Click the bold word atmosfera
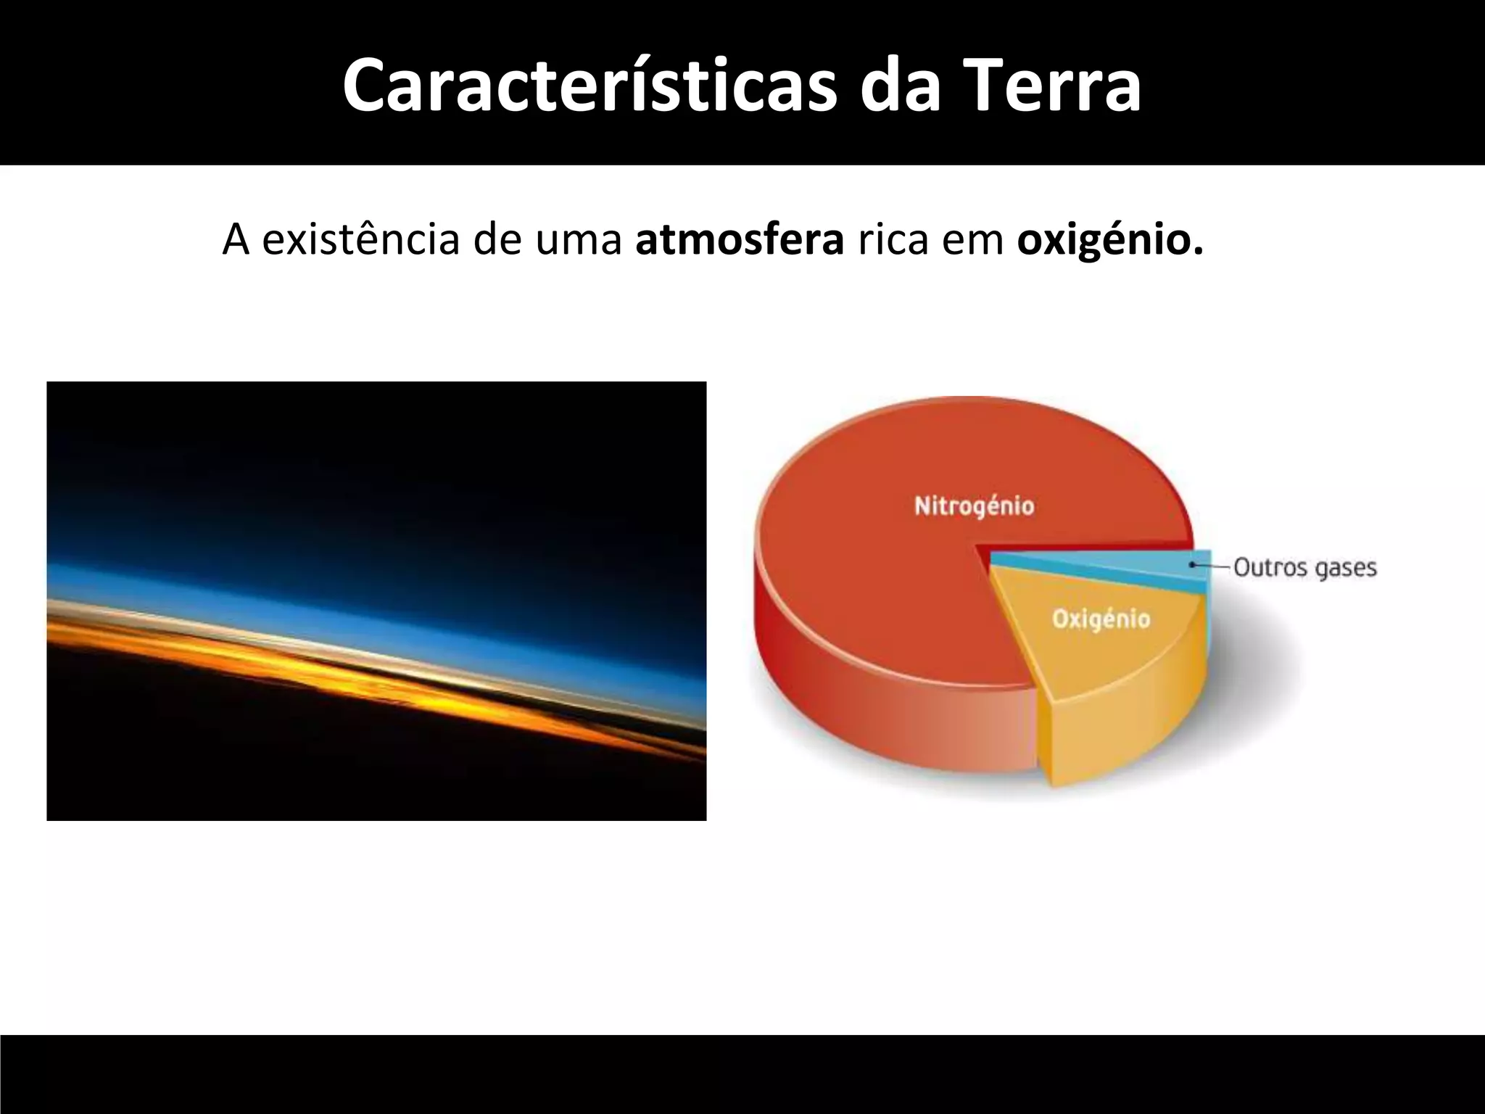(x=740, y=239)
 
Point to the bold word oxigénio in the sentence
(x=1109, y=239)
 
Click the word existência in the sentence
(x=360, y=239)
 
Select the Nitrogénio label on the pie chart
(x=974, y=506)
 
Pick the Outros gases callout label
(x=1304, y=566)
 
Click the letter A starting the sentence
(x=236, y=239)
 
